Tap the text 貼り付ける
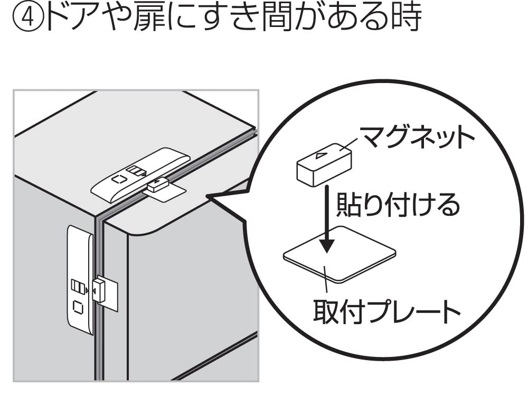click(398, 205)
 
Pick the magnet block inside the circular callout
click(324, 164)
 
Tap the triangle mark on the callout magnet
click(321, 155)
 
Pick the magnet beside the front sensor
click(99, 289)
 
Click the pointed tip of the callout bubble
click(206, 196)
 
